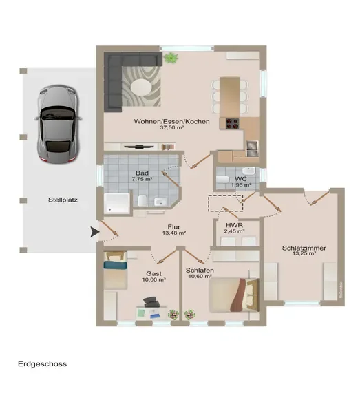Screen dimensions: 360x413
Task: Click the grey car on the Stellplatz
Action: [58, 124]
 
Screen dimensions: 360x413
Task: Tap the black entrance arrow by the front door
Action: [95, 232]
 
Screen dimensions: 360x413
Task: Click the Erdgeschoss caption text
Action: [43, 364]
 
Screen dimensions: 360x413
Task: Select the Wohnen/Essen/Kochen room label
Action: [171, 121]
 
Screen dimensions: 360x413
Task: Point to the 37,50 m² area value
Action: [171, 128]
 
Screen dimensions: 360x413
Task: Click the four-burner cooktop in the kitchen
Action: [232, 123]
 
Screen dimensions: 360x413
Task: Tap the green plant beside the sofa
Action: [171, 58]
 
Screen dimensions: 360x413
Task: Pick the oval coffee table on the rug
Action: [141, 87]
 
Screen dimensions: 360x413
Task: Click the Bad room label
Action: [142, 173]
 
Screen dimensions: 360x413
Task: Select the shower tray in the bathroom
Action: [117, 203]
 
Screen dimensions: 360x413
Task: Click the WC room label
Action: [241, 179]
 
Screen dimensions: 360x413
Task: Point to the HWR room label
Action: [234, 225]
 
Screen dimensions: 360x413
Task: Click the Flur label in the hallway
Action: [174, 226]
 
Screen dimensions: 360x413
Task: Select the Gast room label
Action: [153, 274]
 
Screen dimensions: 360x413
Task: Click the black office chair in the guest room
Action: [151, 302]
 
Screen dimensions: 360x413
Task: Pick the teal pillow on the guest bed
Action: [116, 265]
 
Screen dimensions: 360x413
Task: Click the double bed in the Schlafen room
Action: [234, 295]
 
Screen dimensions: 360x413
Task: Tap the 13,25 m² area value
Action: [304, 253]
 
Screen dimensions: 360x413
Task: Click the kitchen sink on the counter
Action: [252, 149]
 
